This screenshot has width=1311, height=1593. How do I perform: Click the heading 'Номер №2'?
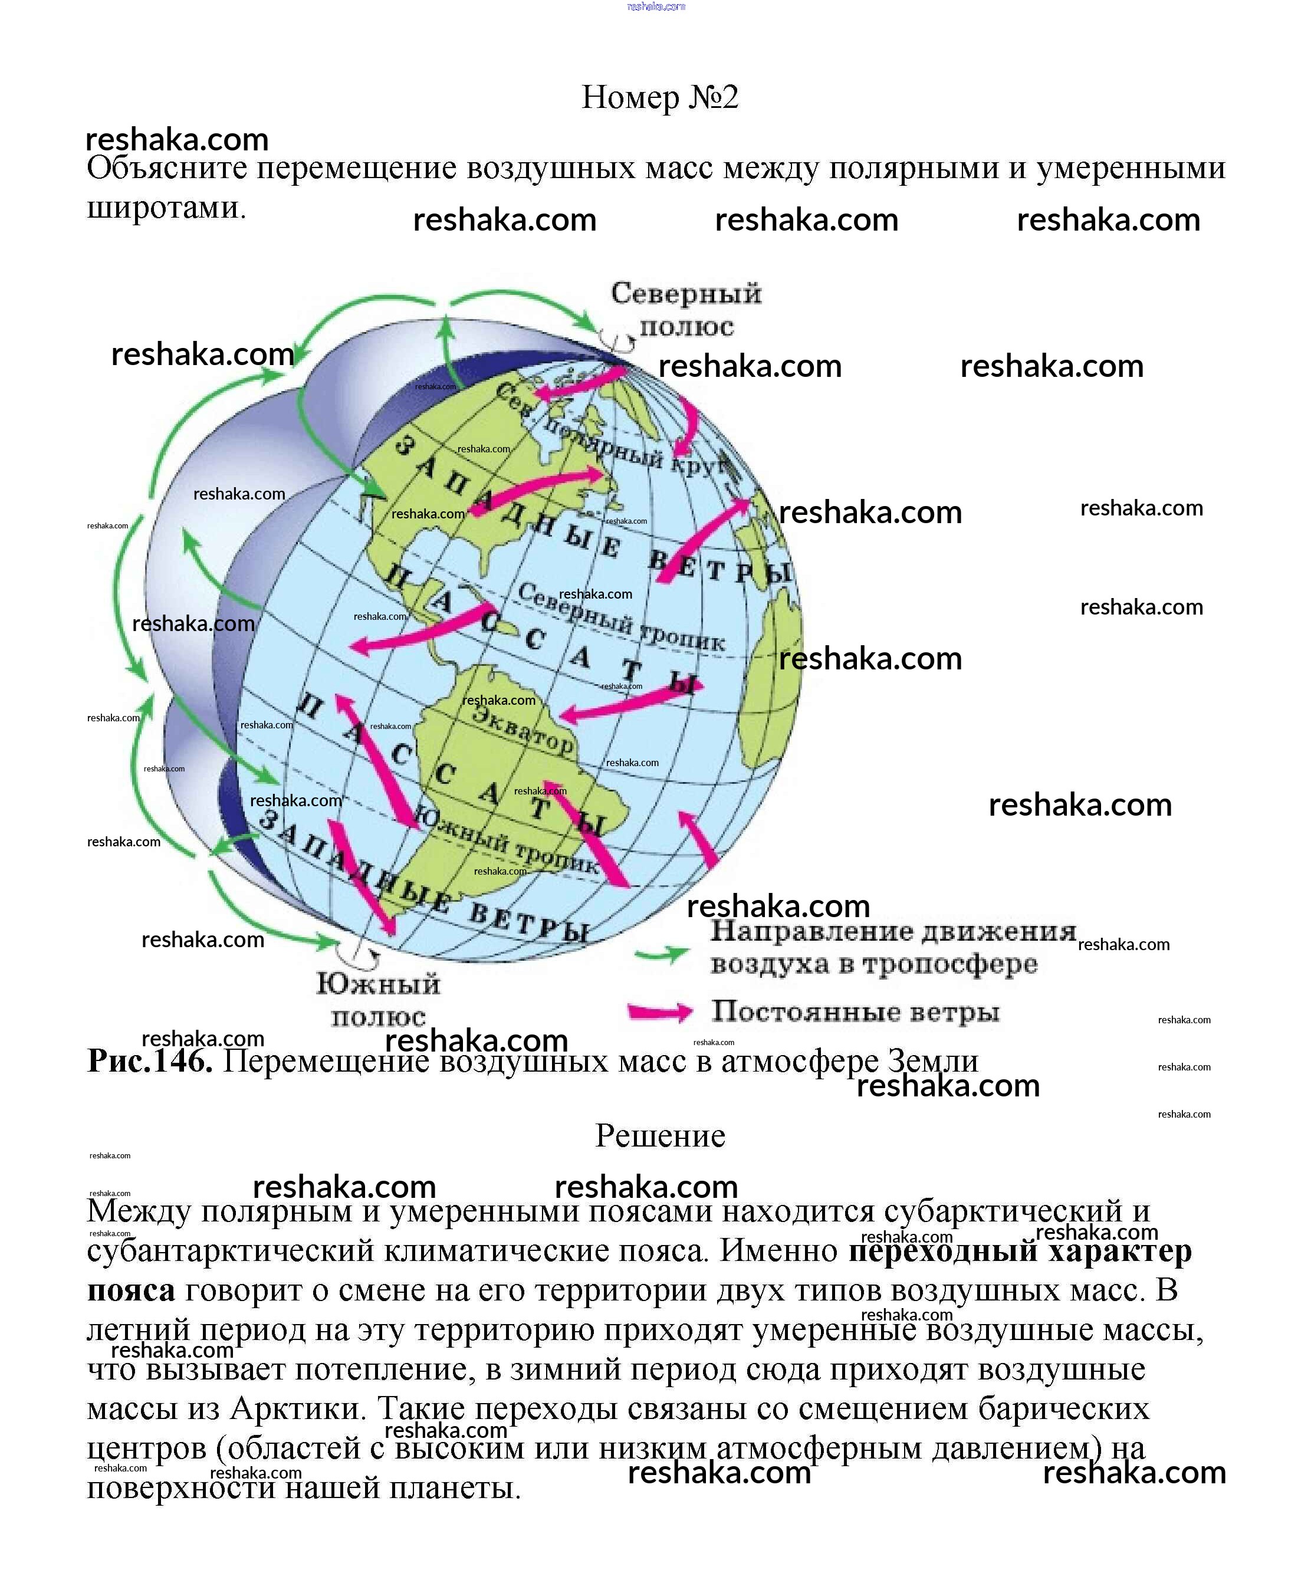click(659, 97)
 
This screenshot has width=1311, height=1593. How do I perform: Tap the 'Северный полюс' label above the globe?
click(686, 309)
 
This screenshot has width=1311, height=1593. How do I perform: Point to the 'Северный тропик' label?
click(621, 618)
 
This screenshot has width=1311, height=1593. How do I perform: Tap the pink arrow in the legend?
click(659, 1011)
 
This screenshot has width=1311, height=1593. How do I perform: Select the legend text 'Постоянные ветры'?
click(855, 1011)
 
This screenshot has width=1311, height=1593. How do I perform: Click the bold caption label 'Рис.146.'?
click(150, 1061)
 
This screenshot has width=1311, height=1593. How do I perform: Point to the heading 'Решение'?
click(659, 1136)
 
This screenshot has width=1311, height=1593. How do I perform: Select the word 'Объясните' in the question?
click(167, 167)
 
